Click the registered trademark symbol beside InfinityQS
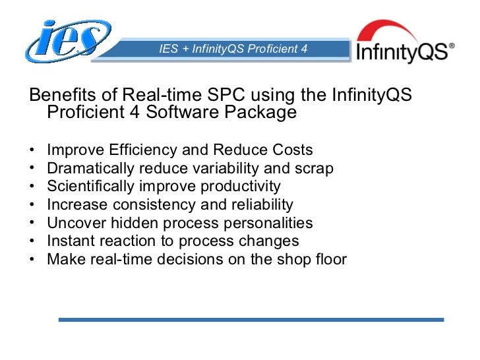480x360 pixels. click(x=451, y=47)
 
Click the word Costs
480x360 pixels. click(x=289, y=150)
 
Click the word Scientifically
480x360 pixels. click(x=89, y=187)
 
